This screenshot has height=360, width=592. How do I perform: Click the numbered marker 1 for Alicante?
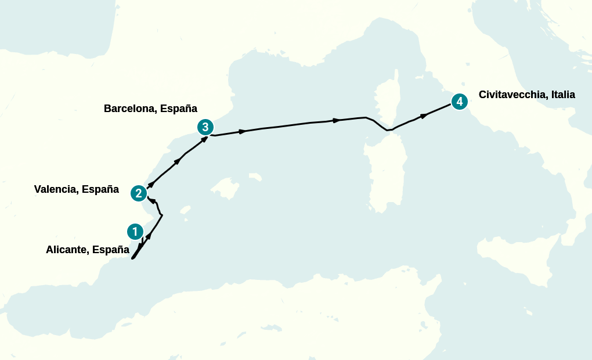(135, 232)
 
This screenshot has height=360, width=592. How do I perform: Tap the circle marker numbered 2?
(138, 193)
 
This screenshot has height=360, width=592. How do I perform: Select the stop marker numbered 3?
(205, 127)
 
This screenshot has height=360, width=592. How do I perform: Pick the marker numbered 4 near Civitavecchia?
(459, 102)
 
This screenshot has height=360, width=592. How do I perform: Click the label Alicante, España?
(87, 250)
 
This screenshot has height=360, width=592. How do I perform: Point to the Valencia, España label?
(76, 189)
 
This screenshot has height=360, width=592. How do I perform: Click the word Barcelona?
(129, 109)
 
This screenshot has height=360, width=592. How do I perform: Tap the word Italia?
(561, 95)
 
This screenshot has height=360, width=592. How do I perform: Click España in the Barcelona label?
(178, 109)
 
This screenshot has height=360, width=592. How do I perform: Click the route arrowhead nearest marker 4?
(424, 116)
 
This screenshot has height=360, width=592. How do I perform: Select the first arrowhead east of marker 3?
(243, 131)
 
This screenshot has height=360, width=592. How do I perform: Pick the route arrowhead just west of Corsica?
(337, 120)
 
